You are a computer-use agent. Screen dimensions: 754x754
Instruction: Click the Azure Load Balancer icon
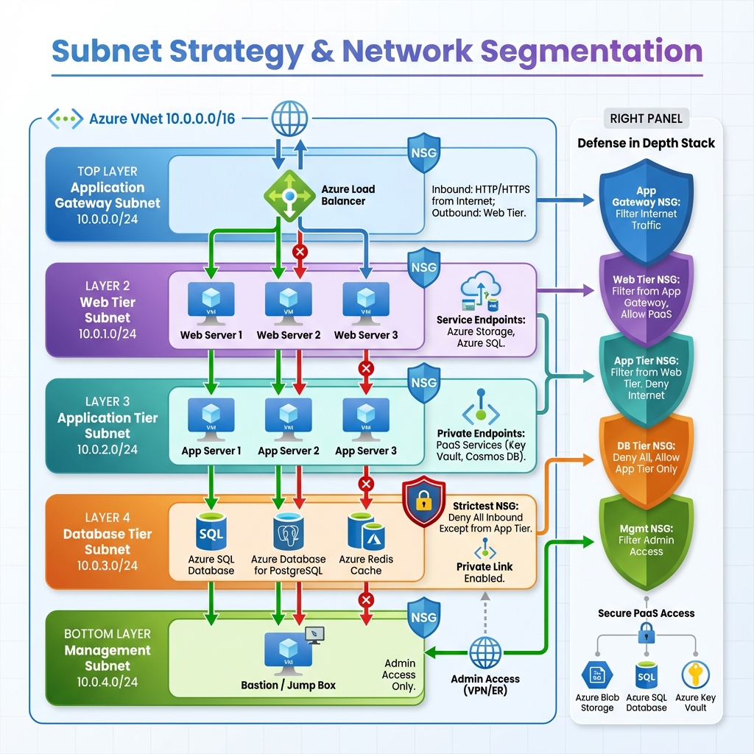point(289,195)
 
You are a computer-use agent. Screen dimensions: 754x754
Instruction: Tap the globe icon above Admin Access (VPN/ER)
point(485,652)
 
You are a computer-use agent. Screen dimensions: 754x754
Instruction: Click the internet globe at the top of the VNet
point(289,118)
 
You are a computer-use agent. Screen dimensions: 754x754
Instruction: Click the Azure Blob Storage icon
point(596,674)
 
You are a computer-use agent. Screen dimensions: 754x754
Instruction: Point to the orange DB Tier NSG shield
point(646,457)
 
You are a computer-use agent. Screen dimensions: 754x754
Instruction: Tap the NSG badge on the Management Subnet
point(423,617)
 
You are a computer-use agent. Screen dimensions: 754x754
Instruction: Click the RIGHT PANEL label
point(646,119)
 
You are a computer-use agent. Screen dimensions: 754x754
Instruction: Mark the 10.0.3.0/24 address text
point(108,565)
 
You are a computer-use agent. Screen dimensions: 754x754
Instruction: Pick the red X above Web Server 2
point(300,252)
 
